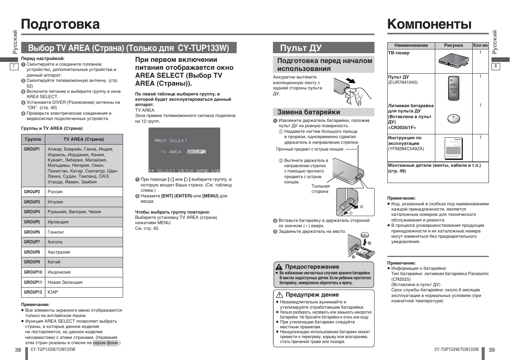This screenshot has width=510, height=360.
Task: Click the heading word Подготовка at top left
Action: click(60, 24)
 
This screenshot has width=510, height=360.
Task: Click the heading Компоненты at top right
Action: click(429, 24)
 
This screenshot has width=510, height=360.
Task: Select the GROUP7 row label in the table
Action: click(32, 242)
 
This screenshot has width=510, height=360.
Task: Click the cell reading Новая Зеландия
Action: click(65, 282)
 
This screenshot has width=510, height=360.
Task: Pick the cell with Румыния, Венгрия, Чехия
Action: click(74, 212)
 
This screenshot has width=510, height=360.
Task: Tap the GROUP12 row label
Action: click(33, 292)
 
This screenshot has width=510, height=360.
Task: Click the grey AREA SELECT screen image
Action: click(184, 150)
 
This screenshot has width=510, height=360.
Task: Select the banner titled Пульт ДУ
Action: click(324, 48)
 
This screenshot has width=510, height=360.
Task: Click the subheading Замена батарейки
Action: click(308, 112)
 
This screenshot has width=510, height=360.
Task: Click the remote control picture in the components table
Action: click(453, 88)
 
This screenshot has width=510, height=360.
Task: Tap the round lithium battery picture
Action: click(453, 118)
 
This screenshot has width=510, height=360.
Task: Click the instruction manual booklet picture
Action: click(453, 148)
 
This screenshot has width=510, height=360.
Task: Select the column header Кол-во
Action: click(480, 45)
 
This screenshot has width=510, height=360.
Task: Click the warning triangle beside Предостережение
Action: click(279, 267)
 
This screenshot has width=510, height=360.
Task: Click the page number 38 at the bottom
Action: click(18, 350)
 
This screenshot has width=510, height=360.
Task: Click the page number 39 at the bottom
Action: click(492, 350)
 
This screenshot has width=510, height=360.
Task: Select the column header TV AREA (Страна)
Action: click(83, 139)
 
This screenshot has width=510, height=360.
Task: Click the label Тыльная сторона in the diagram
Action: click(320, 189)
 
